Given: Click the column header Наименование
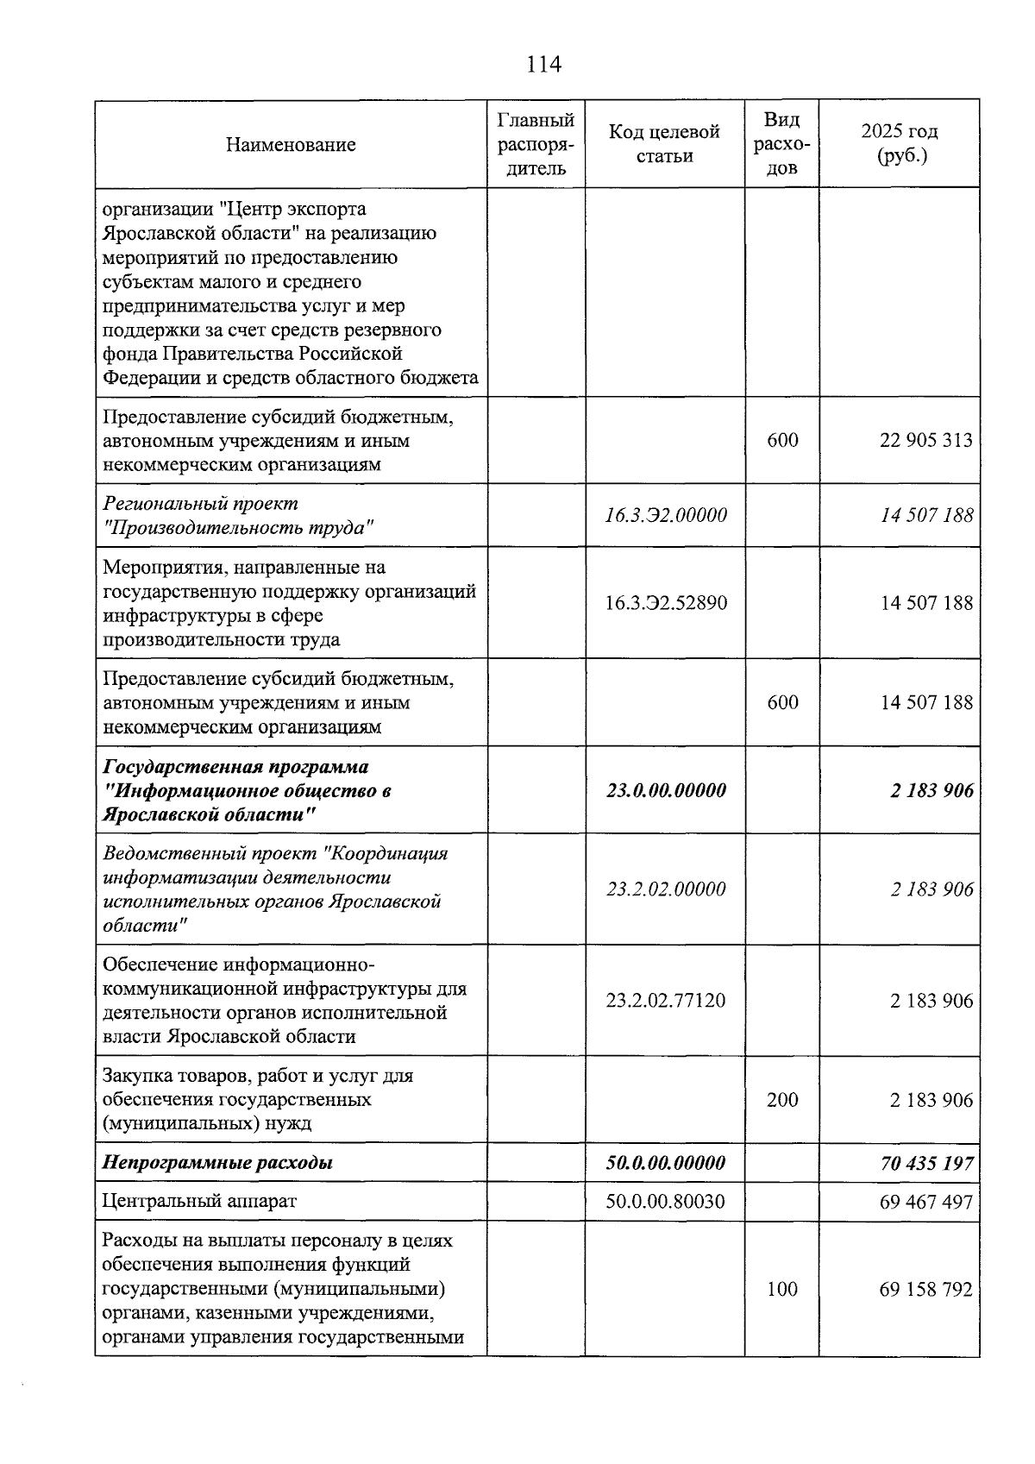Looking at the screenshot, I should click(291, 144).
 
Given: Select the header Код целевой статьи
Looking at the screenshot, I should click(664, 143).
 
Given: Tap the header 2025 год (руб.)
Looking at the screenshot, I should click(899, 143).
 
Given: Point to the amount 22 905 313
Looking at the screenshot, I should click(925, 440).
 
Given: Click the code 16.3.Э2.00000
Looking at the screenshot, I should click(665, 515).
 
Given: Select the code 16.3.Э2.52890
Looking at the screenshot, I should click(665, 602).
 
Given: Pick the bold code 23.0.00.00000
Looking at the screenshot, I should click(665, 790).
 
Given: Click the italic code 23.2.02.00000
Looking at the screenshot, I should click(665, 889).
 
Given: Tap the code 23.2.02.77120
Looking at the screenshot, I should click(665, 1001).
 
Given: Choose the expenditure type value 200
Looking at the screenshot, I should click(781, 1100).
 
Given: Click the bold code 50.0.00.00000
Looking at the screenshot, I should click(665, 1163).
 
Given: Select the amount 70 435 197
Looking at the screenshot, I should click(925, 1163).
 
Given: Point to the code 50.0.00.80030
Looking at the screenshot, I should click(665, 1201).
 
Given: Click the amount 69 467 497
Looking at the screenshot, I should click(925, 1201).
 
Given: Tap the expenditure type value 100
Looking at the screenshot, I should click(781, 1290).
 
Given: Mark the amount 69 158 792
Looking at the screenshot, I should click(925, 1290).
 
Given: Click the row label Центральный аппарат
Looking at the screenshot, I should click(199, 1201).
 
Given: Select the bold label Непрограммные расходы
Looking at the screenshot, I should click(217, 1163).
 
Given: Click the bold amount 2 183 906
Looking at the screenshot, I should click(931, 790).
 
